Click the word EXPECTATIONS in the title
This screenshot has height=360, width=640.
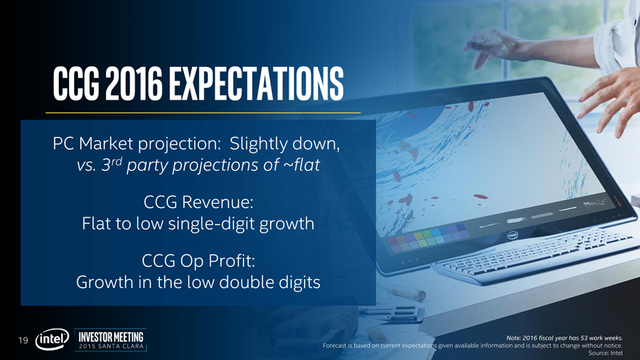click(x=256, y=84)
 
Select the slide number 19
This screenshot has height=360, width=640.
click(x=23, y=340)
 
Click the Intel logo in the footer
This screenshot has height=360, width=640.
click(x=52, y=339)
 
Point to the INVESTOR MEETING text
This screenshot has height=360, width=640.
click(x=111, y=337)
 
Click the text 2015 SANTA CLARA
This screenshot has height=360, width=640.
click(x=111, y=346)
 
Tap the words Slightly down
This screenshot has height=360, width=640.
click(x=284, y=144)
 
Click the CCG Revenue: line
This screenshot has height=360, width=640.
click(x=199, y=202)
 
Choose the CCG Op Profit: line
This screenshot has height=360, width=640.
click(x=199, y=261)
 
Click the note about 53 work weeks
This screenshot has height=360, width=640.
click(x=564, y=338)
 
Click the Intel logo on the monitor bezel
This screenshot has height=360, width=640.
click(x=512, y=235)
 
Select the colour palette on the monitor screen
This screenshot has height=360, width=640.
click(x=428, y=239)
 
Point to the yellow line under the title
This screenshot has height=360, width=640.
click(x=203, y=113)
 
